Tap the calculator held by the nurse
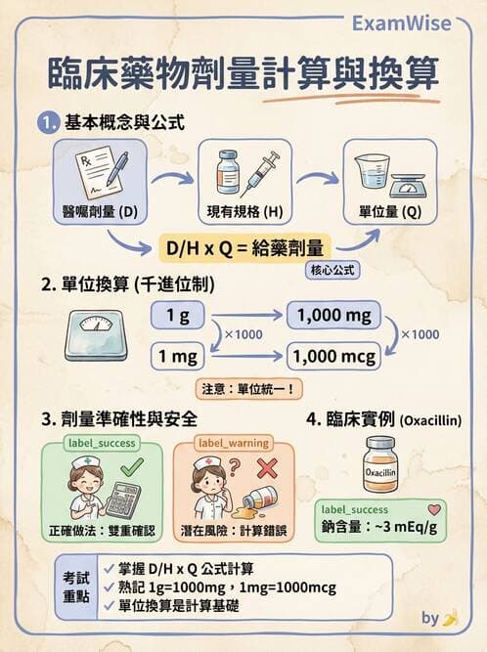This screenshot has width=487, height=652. tap(122, 499)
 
